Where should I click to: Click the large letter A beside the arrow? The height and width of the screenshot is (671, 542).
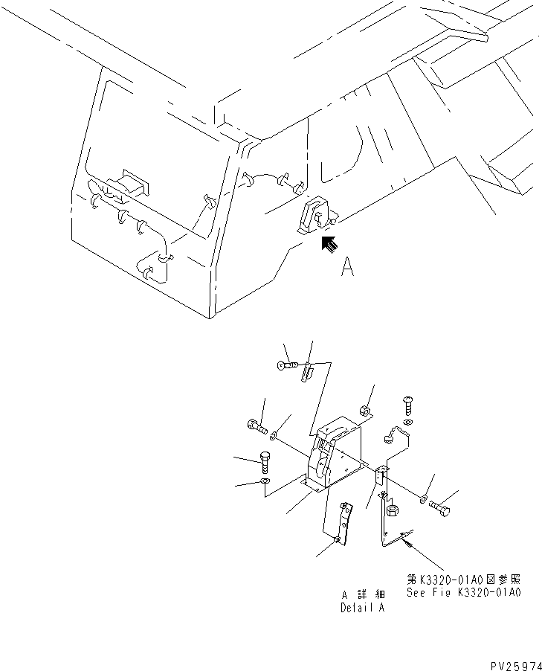[x=347, y=267]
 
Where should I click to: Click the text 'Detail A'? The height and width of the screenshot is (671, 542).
[x=363, y=607]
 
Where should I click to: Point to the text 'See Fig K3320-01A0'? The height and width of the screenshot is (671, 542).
[x=463, y=593]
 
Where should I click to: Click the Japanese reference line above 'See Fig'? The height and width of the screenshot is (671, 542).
[x=463, y=578]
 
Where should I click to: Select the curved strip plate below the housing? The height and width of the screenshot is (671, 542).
[x=335, y=524]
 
